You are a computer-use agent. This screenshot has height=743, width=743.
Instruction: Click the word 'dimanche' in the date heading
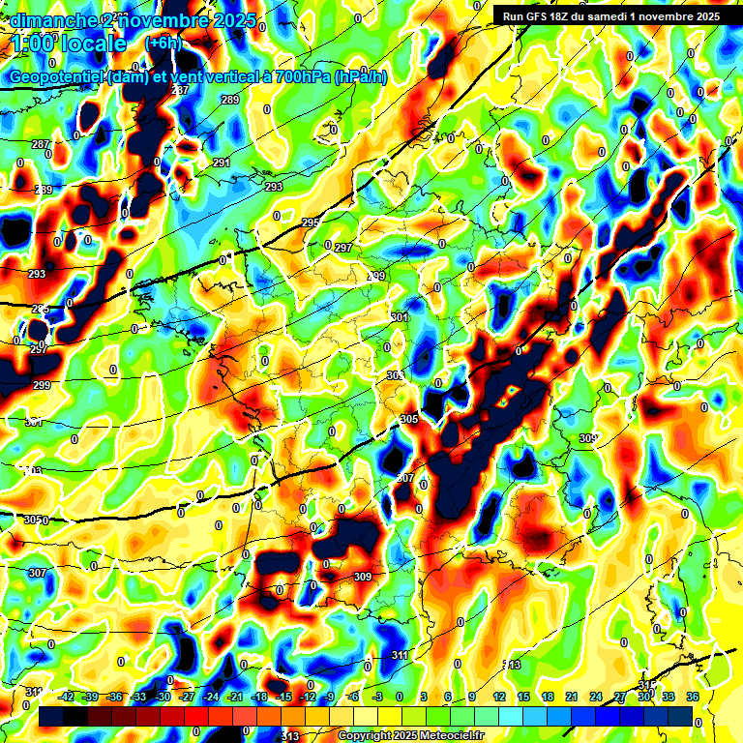47,20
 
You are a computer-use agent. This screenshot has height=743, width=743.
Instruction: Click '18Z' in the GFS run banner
562,16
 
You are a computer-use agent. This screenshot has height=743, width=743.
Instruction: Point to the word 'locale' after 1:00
91,45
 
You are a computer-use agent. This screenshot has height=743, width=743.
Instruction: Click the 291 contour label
222,163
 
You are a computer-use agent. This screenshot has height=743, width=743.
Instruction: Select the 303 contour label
395,375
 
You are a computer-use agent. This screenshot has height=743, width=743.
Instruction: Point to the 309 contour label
363,577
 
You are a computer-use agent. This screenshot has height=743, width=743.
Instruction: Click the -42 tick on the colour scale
67,696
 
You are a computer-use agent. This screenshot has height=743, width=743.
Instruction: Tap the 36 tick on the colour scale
693,696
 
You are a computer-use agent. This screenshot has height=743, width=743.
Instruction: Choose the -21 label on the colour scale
235,696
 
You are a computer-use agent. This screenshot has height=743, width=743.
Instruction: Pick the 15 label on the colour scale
523,696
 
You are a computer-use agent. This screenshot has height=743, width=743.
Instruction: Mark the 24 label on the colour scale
596,696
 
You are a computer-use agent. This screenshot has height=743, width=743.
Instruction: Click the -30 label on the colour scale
163,696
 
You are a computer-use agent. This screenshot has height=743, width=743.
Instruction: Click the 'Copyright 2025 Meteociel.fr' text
411,735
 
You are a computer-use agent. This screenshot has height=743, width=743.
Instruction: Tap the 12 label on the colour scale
499,696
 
